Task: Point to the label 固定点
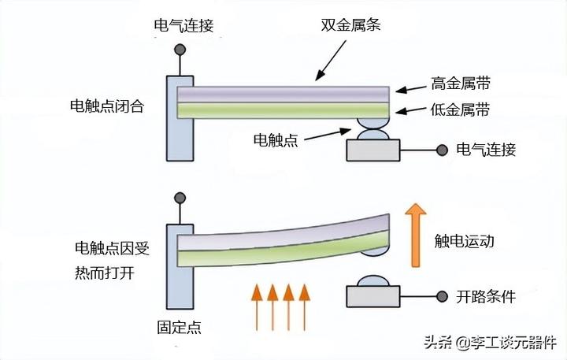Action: (179, 328)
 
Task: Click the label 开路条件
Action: (485, 297)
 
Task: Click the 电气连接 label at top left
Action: (183, 25)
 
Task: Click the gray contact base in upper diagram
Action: (372, 150)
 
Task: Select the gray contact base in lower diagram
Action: (372, 296)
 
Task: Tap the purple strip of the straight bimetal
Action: (283, 93)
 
